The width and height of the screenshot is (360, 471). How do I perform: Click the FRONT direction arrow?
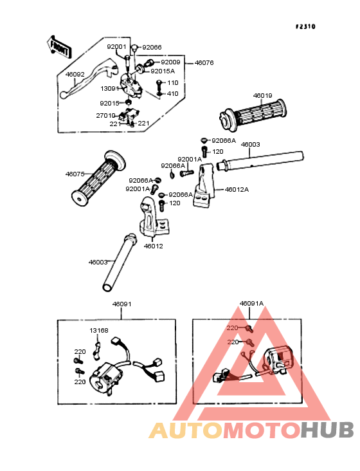[59, 46]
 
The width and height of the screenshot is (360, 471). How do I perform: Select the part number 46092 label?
[75, 74]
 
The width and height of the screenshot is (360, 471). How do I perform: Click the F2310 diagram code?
[305, 26]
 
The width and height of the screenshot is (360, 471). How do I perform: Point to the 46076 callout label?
[204, 63]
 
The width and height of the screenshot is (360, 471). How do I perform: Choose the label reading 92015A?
[163, 71]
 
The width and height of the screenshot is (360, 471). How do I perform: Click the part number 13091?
[110, 89]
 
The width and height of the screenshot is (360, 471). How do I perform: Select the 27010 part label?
[105, 115]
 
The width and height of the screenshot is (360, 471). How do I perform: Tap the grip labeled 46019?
[253, 116]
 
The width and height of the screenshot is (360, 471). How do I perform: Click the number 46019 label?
[262, 95]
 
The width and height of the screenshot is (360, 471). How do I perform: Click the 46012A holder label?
[237, 190]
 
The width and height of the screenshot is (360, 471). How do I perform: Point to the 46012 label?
[153, 246]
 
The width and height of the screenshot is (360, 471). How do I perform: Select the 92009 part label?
[171, 62]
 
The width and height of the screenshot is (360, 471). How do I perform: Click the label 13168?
[99, 331]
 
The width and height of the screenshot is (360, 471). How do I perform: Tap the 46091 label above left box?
[122, 304]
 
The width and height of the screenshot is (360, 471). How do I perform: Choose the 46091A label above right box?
[251, 304]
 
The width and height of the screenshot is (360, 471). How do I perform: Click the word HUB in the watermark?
[327, 430]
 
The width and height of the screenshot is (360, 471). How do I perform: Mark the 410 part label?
[173, 94]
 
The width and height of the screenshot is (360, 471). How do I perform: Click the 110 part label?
[173, 82]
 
